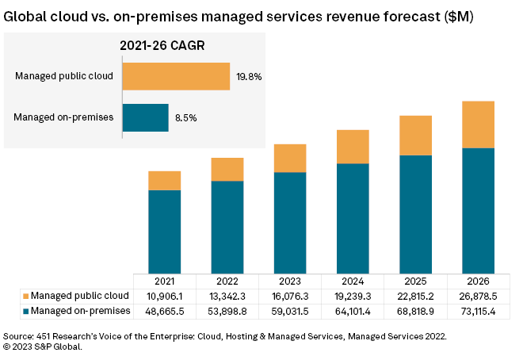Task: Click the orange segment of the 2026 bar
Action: tap(479, 124)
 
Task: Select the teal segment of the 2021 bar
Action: tap(164, 232)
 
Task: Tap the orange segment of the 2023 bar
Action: tap(290, 159)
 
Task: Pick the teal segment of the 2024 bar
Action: tap(353, 218)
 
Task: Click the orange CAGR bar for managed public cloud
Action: tap(176, 77)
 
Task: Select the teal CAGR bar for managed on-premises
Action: tap(145, 117)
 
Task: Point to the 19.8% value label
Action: tap(249, 78)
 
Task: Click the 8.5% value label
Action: tap(185, 118)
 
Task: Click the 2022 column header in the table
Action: tap(227, 281)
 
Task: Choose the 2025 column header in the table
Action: tap(415, 281)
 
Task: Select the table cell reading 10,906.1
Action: tap(164, 297)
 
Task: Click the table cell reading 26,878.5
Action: tap(479, 297)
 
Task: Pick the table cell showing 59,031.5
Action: tap(290, 312)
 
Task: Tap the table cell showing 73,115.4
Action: tap(479, 312)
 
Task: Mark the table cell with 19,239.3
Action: tap(353, 297)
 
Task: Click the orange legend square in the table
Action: tap(25, 297)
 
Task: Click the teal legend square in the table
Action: tap(25, 312)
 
